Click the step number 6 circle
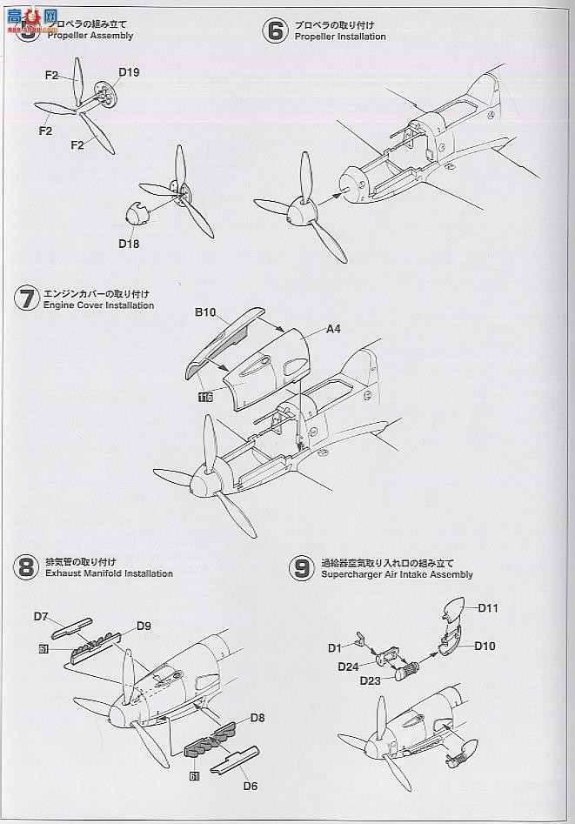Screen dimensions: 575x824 pos(276,31)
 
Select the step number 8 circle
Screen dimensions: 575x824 pos(26,568)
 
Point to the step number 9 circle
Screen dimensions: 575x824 pos(302,569)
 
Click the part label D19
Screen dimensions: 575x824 pos(129,72)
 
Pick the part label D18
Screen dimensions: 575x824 pos(129,245)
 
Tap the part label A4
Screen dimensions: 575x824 pos(333,329)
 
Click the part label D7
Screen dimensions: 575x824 pos(41,617)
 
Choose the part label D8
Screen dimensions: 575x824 pos(257,719)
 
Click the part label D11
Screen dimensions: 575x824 pos(487,608)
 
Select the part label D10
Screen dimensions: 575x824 pos(485,646)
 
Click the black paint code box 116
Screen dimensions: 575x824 pos(205,398)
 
